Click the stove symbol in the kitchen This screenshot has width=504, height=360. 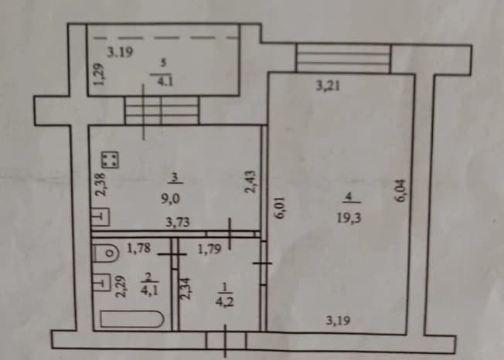(110, 160)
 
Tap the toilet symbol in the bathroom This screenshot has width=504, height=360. (106, 253)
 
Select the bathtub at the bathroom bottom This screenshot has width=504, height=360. (131, 319)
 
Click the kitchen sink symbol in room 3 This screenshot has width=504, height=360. (101, 217)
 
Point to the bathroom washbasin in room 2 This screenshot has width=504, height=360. (101, 282)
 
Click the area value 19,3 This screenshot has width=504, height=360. (349, 218)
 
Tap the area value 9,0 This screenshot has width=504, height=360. (170, 199)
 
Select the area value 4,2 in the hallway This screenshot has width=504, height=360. (225, 302)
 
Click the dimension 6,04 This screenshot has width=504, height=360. (401, 191)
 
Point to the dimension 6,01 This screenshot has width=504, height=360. (280, 208)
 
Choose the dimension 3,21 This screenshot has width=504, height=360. (328, 86)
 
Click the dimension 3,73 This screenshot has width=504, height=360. (178, 222)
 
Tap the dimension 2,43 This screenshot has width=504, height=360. (250, 182)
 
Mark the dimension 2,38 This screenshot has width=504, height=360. (100, 185)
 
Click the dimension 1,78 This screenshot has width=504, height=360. (138, 248)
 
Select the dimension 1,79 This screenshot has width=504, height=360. (209, 249)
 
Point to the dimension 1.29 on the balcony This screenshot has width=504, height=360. (99, 73)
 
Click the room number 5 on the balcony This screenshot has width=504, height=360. (163, 63)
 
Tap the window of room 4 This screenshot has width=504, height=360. (343, 58)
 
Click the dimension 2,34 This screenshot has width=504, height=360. (186, 288)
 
